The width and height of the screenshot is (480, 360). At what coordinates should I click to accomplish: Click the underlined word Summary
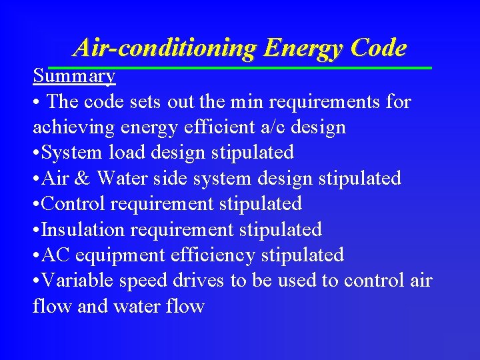(x=74, y=76)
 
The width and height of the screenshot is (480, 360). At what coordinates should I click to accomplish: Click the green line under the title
(x=240, y=67)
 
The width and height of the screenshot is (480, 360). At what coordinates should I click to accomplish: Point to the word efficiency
(x=215, y=255)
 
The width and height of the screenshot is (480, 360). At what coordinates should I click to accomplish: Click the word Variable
(x=77, y=281)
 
